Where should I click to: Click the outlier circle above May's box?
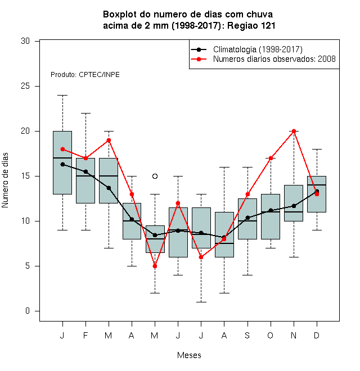tap(155, 177)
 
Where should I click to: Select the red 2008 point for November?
tap(294, 132)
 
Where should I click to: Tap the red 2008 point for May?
tap(155, 266)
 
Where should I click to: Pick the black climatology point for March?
tap(109, 188)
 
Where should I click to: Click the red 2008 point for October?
tap(271, 159)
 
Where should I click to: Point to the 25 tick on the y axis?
tap(37, 87)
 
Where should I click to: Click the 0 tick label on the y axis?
tap(28, 311)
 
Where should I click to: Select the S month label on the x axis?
tap(247, 335)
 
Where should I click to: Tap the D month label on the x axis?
tap(317, 335)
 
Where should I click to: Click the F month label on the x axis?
tap(85, 335)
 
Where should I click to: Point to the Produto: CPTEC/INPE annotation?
tap(85, 75)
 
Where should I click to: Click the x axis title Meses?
tap(189, 355)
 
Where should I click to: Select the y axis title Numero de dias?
tap(5, 180)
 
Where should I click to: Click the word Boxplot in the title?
tap(120, 15)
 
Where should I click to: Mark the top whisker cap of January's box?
tap(62, 96)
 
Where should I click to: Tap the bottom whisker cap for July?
tap(201, 302)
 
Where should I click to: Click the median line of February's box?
tap(85, 176)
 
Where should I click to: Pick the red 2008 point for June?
tap(178, 203)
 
